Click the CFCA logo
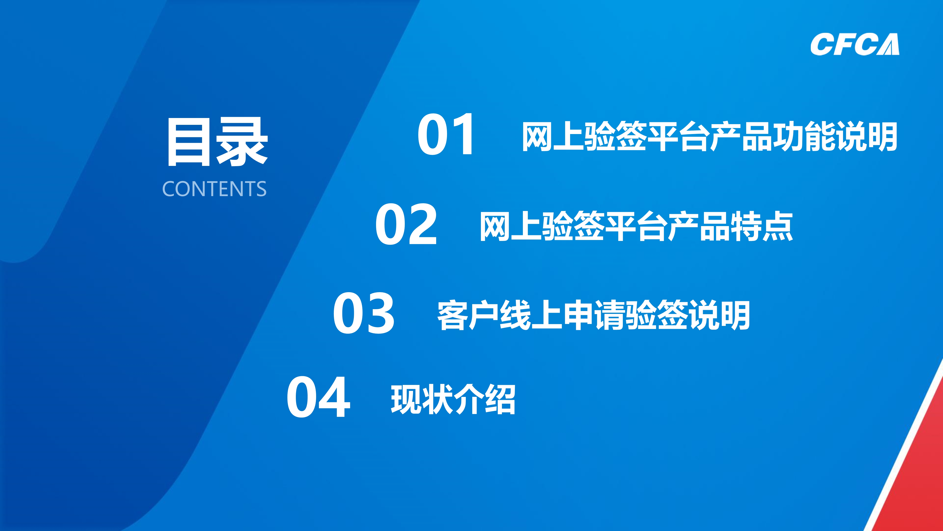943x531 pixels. coord(854,44)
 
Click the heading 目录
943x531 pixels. coord(217,142)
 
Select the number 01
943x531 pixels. coord(446,135)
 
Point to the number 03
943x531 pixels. coord(364,314)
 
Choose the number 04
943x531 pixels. coord(318,397)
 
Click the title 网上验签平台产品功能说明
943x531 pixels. coord(709,136)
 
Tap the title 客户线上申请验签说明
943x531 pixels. coord(593,315)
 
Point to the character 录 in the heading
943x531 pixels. coord(242,142)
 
